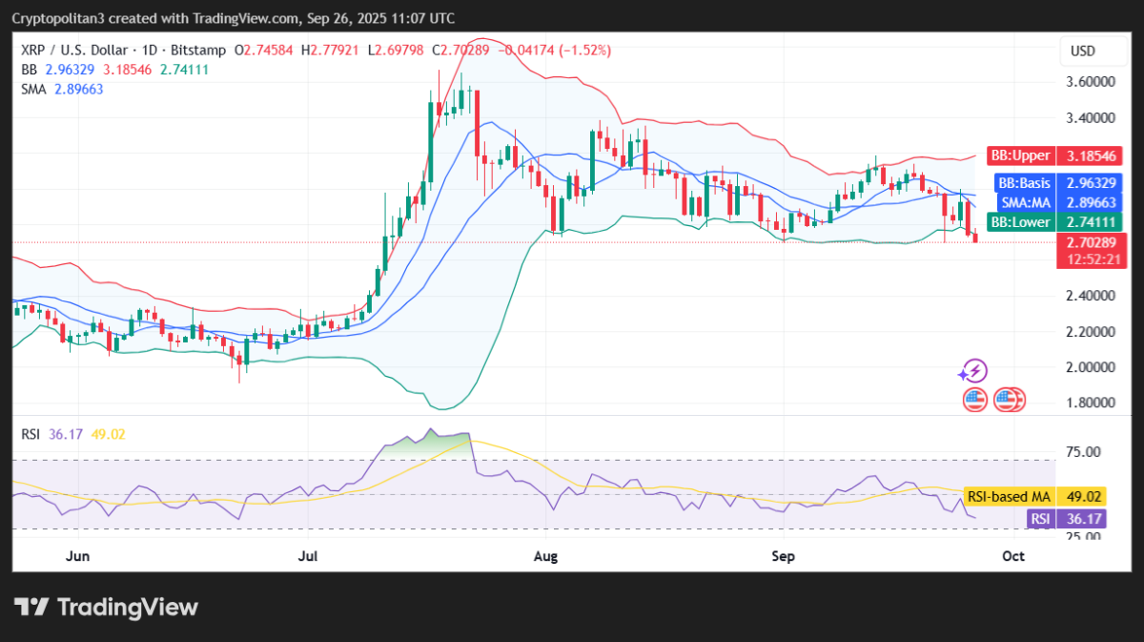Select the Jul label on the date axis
(308, 555)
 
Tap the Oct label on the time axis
(1013, 555)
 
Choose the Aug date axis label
(544, 555)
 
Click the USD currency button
(1083, 51)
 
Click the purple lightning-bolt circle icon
(973, 371)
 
